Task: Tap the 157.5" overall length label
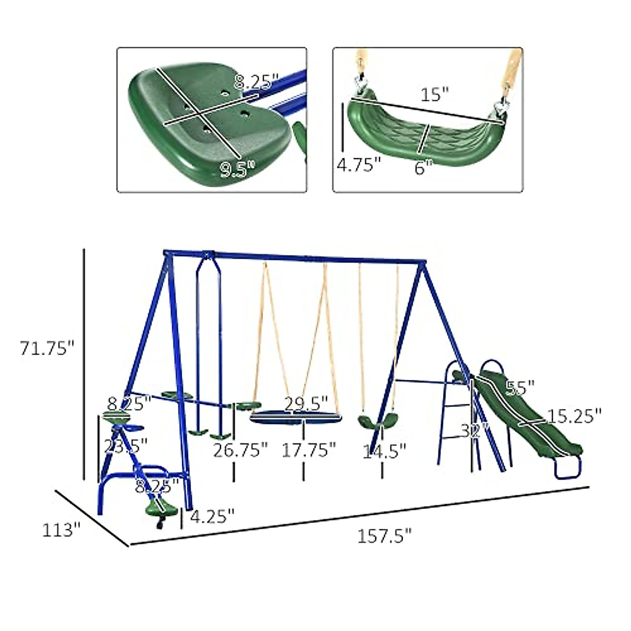pyautogui.click(x=384, y=536)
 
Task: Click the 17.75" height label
pyautogui.click(x=309, y=451)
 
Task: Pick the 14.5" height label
pyautogui.click(x=384, y=451)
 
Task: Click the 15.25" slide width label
pyautogui.click(x=573, y=416)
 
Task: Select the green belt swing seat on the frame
pyautogui.click(x=375, y=422)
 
